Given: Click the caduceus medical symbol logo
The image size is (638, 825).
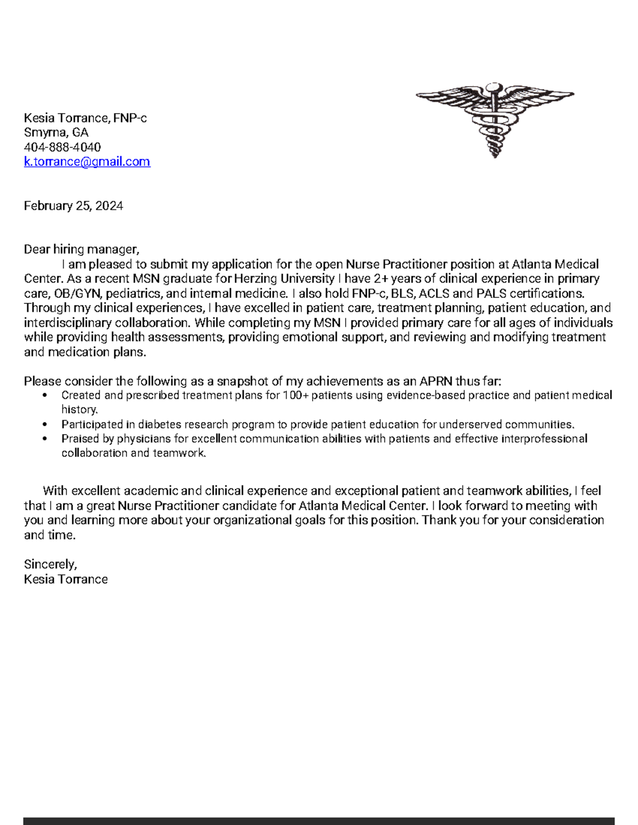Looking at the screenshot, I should tap(494, 120).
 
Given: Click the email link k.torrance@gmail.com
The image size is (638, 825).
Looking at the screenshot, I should tap(87, 161).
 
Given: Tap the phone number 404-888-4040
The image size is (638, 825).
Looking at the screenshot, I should tap(62, 147).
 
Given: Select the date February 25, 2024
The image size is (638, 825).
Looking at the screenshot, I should tap(73, 206).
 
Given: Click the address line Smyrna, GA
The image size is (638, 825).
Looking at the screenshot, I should tap(56, 133).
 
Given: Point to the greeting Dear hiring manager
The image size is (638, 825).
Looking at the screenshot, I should tap(81, 250).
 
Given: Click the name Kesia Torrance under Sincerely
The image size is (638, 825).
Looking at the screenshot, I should tap(66, 579).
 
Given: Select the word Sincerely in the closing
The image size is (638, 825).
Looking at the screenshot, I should tap(50, 564).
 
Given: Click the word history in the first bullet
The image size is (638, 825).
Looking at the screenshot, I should tap(79, 410).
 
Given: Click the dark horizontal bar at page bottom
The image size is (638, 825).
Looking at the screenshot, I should tap(319, 821).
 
